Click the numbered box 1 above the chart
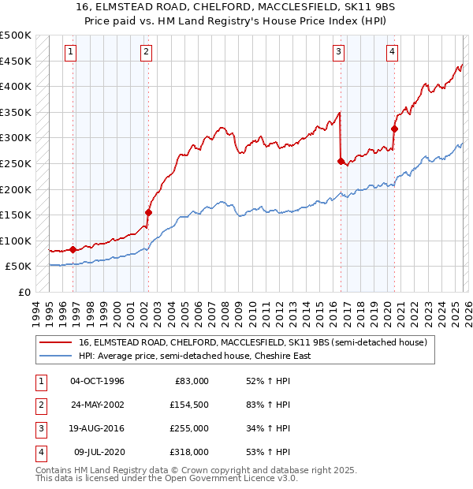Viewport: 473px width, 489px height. point(71,53)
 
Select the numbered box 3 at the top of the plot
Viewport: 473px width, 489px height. point(338,53)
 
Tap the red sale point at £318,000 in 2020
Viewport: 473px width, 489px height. point(394,129)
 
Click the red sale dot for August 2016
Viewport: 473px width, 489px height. point(341,161)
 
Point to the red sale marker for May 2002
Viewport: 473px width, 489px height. point(148,212)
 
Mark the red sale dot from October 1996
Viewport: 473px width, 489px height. point(73,249)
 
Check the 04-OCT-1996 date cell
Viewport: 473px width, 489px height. point(97,381)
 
